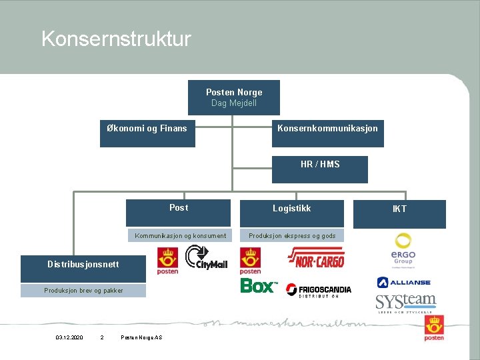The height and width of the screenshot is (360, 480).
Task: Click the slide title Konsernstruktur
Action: click(x=116, y=39)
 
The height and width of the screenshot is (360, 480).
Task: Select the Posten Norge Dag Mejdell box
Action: click(x=233, y=97)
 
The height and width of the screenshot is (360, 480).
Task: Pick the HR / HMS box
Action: click(x=319, y=169)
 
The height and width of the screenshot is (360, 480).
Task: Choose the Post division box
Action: click(x=178, y=213)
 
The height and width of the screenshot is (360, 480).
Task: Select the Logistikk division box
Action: click(x=291, y=213)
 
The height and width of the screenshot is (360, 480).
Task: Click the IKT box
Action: click(x=399, y=213)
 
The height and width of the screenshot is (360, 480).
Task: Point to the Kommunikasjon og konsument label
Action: click(x=180, y=235)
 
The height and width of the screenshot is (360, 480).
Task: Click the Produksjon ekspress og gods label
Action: click(x=292, y=235)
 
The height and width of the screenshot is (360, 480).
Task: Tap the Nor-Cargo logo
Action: click(x=315, y=257)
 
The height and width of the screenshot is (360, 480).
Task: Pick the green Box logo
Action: click(x=259, y=286)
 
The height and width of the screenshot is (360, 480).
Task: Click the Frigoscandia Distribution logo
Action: click(x=318, y=290)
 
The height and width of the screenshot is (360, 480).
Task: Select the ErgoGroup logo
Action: click(x=403, y=249)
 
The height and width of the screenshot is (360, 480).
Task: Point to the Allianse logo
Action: click(x=403, y=282)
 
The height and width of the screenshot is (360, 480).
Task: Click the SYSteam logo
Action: click(x=405, y=303)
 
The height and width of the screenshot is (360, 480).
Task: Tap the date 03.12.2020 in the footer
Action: click(x=69, y=338)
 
